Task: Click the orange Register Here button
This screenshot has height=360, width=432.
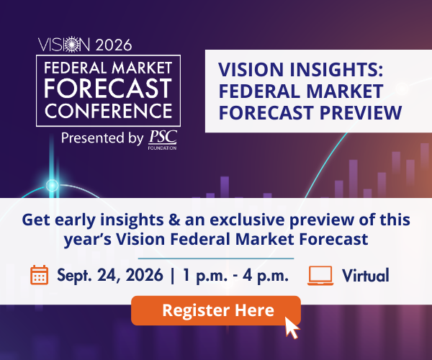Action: pyautogui.click(x=216, y=310)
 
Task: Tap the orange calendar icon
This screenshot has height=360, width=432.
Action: pyautogui.click(x=39, y=275)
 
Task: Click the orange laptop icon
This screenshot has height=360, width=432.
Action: pyautogui.click(x=320, y=276)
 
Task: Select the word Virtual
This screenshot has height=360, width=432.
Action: pyautogui.click(x=366, y=275)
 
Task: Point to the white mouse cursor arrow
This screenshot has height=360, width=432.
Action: pyautogui.click(x=292, y=328)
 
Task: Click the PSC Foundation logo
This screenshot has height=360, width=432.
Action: pyautogui.click(x=163, y=140)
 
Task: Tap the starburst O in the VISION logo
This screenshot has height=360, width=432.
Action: pyautogui.click(x=71, y=44)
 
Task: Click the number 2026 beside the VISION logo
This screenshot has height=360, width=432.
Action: pyautogui.click(x=114, y=45)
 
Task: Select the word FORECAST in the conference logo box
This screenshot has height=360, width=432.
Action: pyautogui.click(x=108, y=88)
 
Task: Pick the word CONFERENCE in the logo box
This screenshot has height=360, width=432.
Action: pyautogui.click(x=108, y=111)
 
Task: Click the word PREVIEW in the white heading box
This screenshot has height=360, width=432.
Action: pyautogui.click(x=361, y=112)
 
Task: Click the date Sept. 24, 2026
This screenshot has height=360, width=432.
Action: pyautogui.click(x=110, y=276)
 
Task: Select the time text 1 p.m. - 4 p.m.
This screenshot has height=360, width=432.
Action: pyautogui.click(x=235, y=276)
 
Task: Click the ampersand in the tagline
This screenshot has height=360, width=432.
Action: pyautogui.click(x=174, y=220)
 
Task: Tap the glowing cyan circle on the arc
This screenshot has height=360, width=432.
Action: pyautogui.click(x=52, y=185)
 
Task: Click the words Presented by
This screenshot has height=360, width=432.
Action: pyautogui.click(x=102, y=138)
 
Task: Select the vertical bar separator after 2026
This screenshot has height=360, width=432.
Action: pyautogui.click(x=173, y=276)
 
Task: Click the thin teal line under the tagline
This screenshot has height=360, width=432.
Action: pyautogui.click(x=216, y=258)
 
